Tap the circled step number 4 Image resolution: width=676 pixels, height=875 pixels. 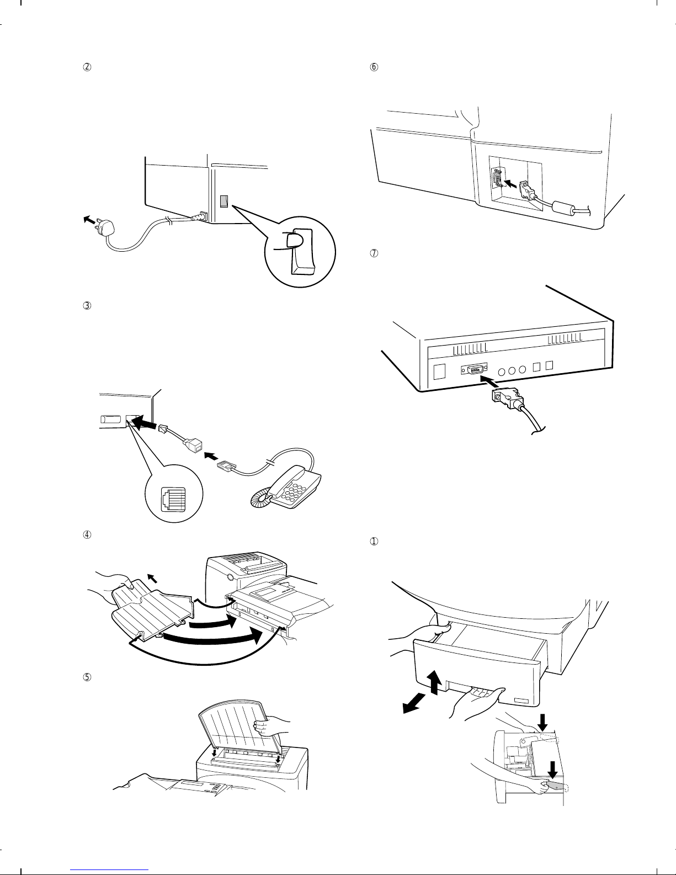[x=86, y=534]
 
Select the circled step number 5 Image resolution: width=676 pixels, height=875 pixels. [x=86, y=676]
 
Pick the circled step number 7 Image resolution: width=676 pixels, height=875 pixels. [x=374, y=254]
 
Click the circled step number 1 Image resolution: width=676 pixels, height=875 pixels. [x=374, y=542]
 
